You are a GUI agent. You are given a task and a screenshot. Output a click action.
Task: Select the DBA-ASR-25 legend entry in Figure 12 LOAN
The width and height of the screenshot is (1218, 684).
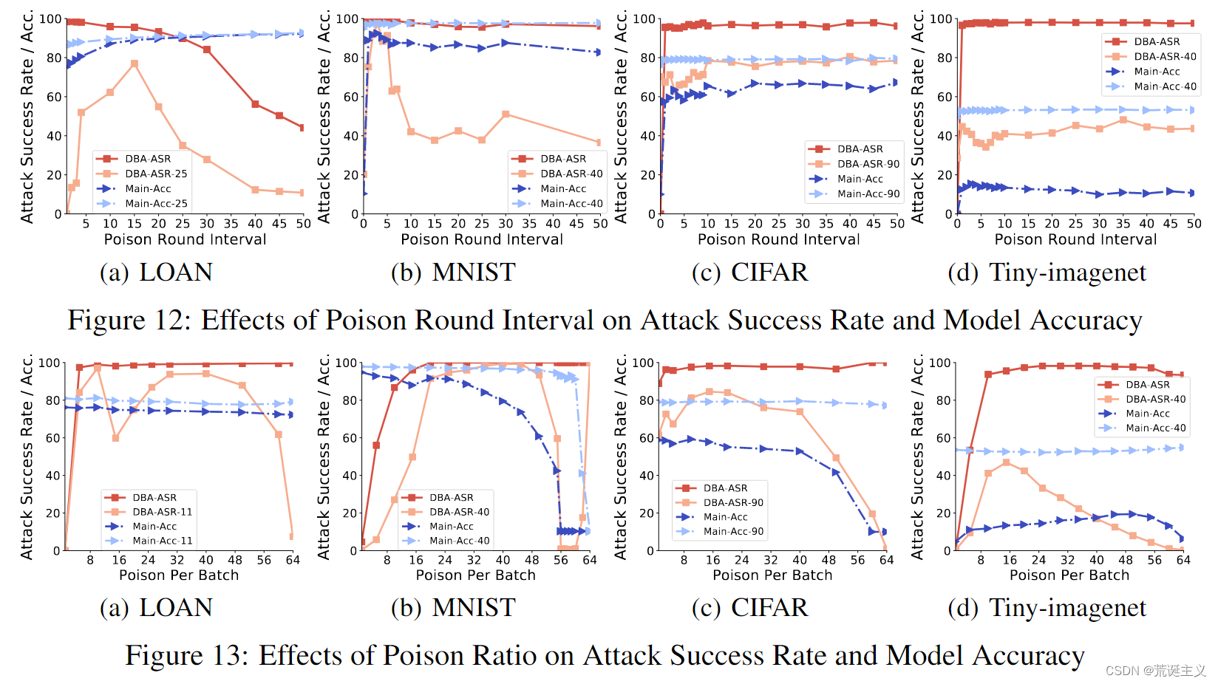[x=155, y=174]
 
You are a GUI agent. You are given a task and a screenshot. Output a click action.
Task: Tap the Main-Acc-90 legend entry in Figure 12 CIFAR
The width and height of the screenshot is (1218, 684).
[x=868, y=194]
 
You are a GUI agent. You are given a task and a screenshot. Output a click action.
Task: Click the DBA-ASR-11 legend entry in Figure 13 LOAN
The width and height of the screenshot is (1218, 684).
[x=162, y=512]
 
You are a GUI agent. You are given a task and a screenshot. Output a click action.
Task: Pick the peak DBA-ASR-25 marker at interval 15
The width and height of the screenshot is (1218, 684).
[x=135, y=64]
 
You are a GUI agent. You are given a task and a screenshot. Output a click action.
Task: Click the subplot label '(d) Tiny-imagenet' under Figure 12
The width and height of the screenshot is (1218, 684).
[x=1047, y=273]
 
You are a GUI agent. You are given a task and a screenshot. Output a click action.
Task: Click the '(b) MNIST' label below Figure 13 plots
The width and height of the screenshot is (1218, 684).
[x=452, y=608]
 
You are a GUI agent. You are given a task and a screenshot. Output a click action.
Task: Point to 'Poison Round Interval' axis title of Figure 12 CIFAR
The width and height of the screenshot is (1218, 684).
[x=778, y=239]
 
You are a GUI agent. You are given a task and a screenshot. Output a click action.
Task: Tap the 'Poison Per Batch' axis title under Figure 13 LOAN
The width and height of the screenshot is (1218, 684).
[x=179, y=575]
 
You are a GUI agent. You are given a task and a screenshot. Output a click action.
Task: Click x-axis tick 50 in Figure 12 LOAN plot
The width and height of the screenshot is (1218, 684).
[x=303, y=224]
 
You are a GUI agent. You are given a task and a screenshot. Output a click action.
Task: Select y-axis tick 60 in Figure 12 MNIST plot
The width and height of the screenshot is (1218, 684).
[x=351, y=97]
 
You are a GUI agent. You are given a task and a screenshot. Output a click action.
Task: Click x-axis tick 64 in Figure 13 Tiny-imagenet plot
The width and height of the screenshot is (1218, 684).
[x=1183, y=560]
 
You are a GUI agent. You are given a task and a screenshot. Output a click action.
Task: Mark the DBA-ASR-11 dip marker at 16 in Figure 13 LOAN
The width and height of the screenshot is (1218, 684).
[x=115, y=438]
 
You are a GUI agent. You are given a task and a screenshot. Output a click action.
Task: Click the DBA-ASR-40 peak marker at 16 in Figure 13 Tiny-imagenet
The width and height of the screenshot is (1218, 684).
[x=1006, y=462]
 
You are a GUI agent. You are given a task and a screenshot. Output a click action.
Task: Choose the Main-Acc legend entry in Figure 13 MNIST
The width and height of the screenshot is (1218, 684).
[x=451, y=527]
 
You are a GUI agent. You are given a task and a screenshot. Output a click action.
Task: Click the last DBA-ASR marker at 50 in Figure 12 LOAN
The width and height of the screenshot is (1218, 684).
[x=302, y=128]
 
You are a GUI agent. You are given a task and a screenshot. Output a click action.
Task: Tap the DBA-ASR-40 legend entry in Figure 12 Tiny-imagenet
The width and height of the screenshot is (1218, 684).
[x=1164, y=57]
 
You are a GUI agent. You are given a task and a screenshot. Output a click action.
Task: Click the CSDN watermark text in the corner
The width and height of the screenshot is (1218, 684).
[x=1155, y=671]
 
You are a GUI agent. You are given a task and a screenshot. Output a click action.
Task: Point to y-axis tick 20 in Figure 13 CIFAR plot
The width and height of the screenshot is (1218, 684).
[x=647, y=513]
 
